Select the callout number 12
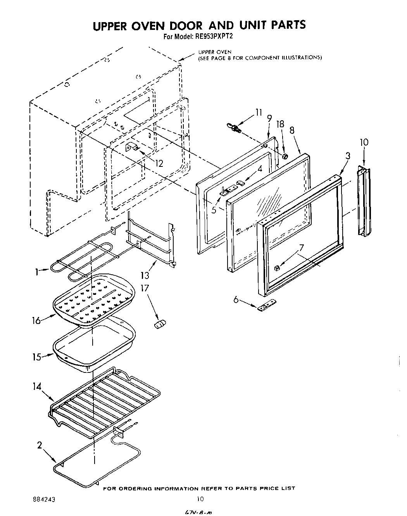tap(159, 163)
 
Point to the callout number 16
tap(36, 321)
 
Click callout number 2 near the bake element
tap(40, 445)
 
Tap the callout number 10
tap(364, 142)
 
